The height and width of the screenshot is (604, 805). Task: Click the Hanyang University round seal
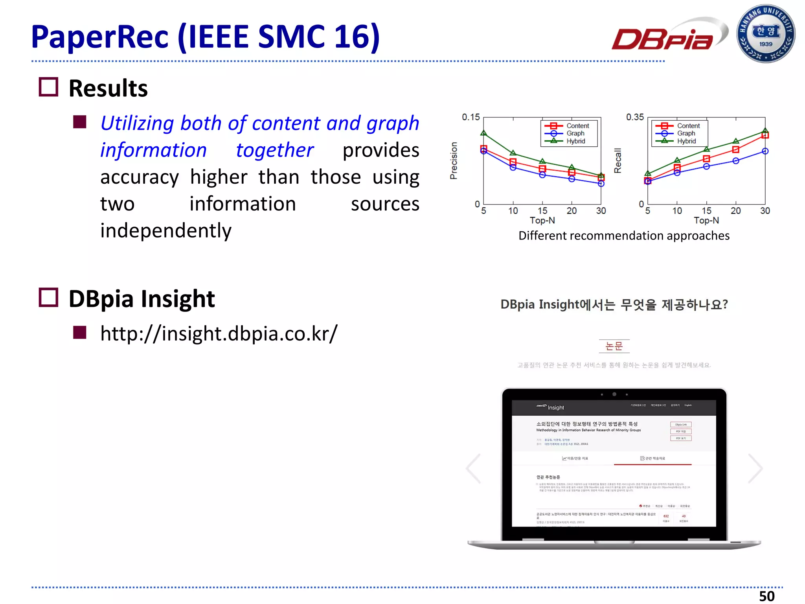tap(765, 34)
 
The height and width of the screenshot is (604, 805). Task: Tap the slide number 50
tap(766, 596)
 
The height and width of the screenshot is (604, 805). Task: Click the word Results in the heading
tap(108, 88)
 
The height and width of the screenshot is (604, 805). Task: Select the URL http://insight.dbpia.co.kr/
tap(219, 333)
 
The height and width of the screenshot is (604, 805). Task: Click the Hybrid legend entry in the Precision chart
tap(575, 141)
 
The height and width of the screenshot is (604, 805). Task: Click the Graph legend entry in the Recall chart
tap(686, 133)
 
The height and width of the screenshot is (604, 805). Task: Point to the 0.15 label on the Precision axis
tap(471, 117)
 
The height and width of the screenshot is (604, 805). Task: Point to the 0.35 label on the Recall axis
tap(635, 117)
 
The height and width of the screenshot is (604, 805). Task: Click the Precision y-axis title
tap(454, 161)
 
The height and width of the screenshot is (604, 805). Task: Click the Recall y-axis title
tap(618, 161)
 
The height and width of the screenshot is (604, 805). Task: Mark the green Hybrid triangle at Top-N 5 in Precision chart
tap(484, 133)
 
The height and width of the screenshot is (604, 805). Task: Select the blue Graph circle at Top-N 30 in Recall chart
tap(765, 151)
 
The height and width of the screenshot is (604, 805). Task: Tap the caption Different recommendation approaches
tap(624, 236)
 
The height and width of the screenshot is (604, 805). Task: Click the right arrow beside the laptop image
tap(755, 468)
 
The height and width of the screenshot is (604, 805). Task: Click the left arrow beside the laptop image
tap(474, 468)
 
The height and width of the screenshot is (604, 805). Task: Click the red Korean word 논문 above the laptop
tap(614, 346)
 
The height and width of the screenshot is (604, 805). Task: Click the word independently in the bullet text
tap(165, 230)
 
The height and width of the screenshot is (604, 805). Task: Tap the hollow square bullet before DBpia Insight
tap(48, 297)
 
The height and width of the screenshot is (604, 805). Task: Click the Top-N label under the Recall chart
tap(706, 220)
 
